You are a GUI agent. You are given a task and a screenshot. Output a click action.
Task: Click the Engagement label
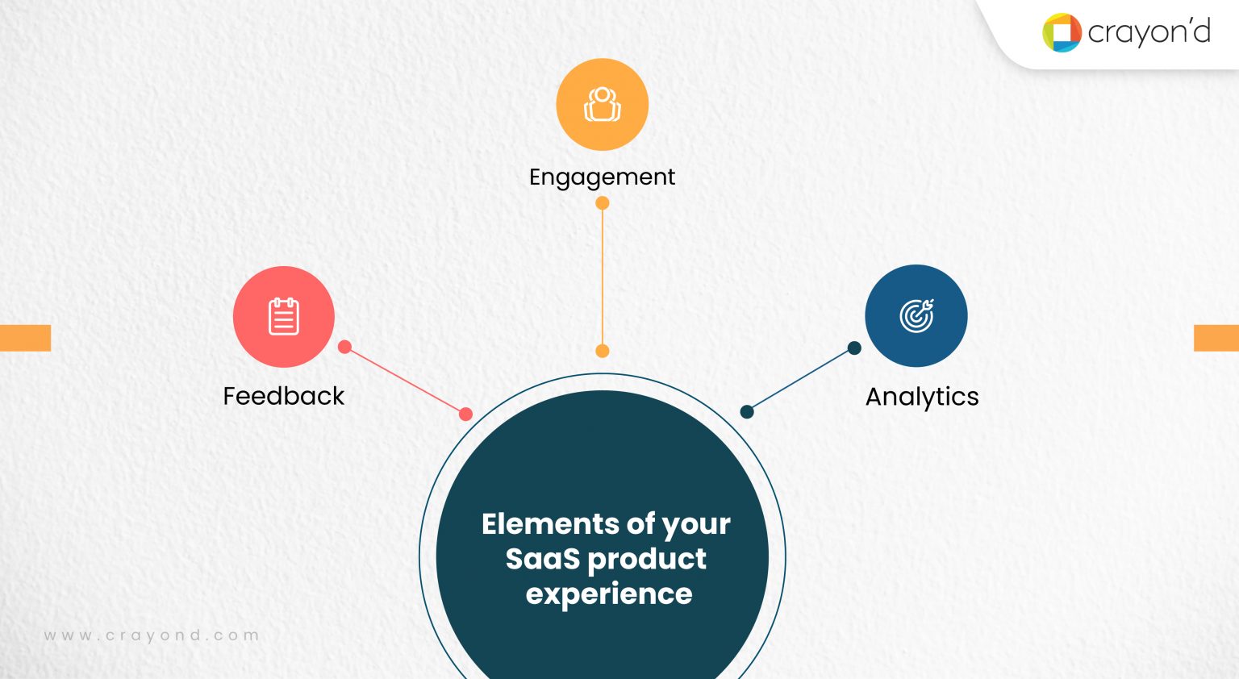click(x=602, y=177)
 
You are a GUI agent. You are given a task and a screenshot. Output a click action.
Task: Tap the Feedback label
click(x=283, y=396)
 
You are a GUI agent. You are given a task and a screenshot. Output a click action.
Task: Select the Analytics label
click(x=922, y=397)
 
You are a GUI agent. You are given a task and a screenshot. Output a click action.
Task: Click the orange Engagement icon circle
click(x=603, y=105)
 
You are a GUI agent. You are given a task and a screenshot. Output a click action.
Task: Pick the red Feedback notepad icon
click(x=283, y=316)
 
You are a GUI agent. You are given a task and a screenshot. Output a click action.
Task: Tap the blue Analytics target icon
click(x=916, y=315)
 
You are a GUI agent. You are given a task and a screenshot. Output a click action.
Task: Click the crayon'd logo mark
click(x=1062, y=33)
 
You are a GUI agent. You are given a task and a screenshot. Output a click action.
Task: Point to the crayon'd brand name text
click(x=1149, y=32)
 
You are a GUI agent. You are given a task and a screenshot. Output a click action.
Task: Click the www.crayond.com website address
click(x=152, y=635)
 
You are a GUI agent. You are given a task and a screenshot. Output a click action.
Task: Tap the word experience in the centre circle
click(x=609, y=594)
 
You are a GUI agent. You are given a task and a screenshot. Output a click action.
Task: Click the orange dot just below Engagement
click(x=603, y=203)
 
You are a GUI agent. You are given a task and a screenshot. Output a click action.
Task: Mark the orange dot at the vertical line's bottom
click(x=603, y=351)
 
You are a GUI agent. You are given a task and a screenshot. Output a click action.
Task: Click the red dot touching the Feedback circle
click(x=345, y=347)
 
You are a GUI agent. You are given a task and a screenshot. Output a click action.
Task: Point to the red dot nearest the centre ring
click(x=465, y=414)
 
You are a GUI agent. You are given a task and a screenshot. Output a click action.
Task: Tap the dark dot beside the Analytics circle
click(x=854, y=348)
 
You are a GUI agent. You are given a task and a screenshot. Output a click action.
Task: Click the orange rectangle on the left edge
click(x=25, y=338)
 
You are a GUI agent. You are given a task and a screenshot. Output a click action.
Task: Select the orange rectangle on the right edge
click(x=1216, y=338)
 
